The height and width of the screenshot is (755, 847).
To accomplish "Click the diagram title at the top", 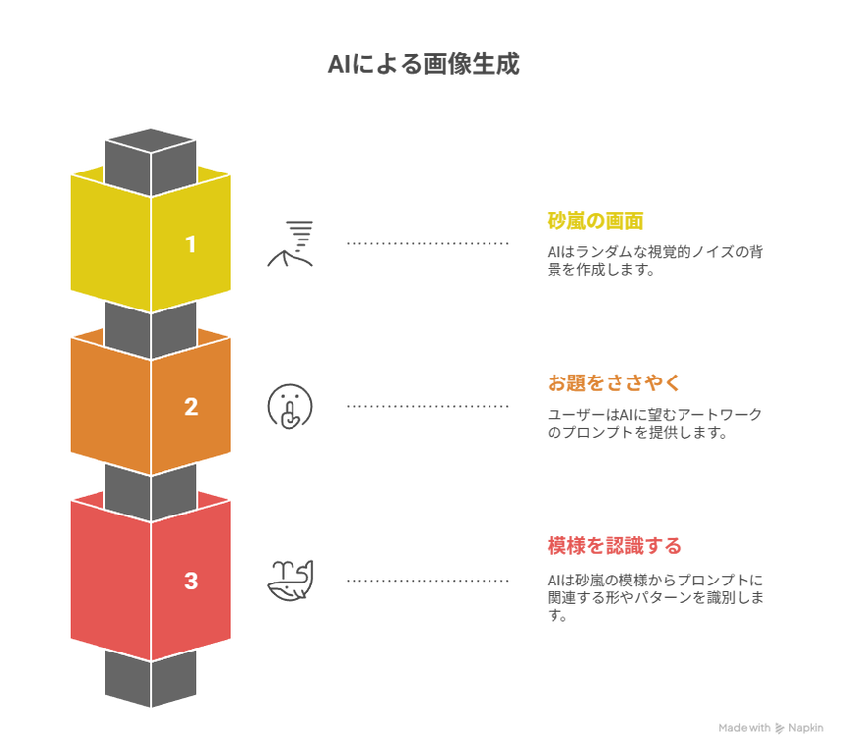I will tap(423, 66).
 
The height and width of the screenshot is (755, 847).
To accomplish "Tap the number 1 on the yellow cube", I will tap(191, 243).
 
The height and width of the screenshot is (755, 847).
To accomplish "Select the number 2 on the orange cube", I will tap(191, 406).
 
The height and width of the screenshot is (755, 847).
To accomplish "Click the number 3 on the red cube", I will tap(191, 581).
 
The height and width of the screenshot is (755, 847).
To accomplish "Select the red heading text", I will tap(615, 545).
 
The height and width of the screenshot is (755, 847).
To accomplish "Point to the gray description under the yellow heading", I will tap(656, 260).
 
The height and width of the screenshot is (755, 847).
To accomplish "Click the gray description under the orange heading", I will tap(655, 424).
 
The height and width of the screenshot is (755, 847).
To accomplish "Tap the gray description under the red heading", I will tap(656, 595).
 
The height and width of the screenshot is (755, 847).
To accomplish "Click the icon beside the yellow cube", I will tap(292, 243).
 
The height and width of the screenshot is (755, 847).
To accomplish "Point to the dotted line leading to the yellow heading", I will tap(427, 243).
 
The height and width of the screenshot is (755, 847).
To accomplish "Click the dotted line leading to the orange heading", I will tap(427, 406).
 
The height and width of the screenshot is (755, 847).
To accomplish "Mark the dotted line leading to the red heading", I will tap(427, 581).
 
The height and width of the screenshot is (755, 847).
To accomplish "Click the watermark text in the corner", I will tap(771, 727).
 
